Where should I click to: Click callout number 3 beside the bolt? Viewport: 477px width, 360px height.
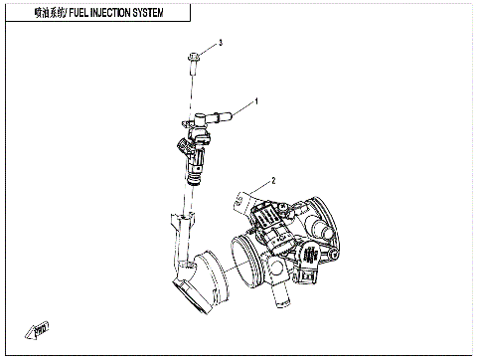pyautogui.click(x=220, y=43)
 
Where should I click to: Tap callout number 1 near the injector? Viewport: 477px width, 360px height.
pyautogui.click(x=255, y=101)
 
